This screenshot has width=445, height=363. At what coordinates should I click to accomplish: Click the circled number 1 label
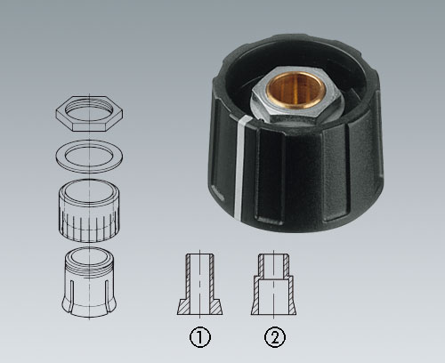point(200,337)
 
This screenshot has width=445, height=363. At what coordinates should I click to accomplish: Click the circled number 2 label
point(275,337)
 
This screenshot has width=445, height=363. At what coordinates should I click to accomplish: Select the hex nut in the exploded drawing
point(89,113)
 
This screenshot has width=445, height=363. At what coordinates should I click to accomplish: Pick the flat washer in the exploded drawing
point(89,156)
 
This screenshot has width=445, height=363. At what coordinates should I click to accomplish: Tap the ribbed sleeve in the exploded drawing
point(89,210)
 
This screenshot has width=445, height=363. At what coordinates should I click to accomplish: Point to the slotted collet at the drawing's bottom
point(89,282)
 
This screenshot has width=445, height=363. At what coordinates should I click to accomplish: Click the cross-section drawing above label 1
point(200,284)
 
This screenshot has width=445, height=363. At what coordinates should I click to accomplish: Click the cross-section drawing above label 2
point(274,284)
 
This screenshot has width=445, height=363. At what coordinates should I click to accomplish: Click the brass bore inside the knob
point(295,90)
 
